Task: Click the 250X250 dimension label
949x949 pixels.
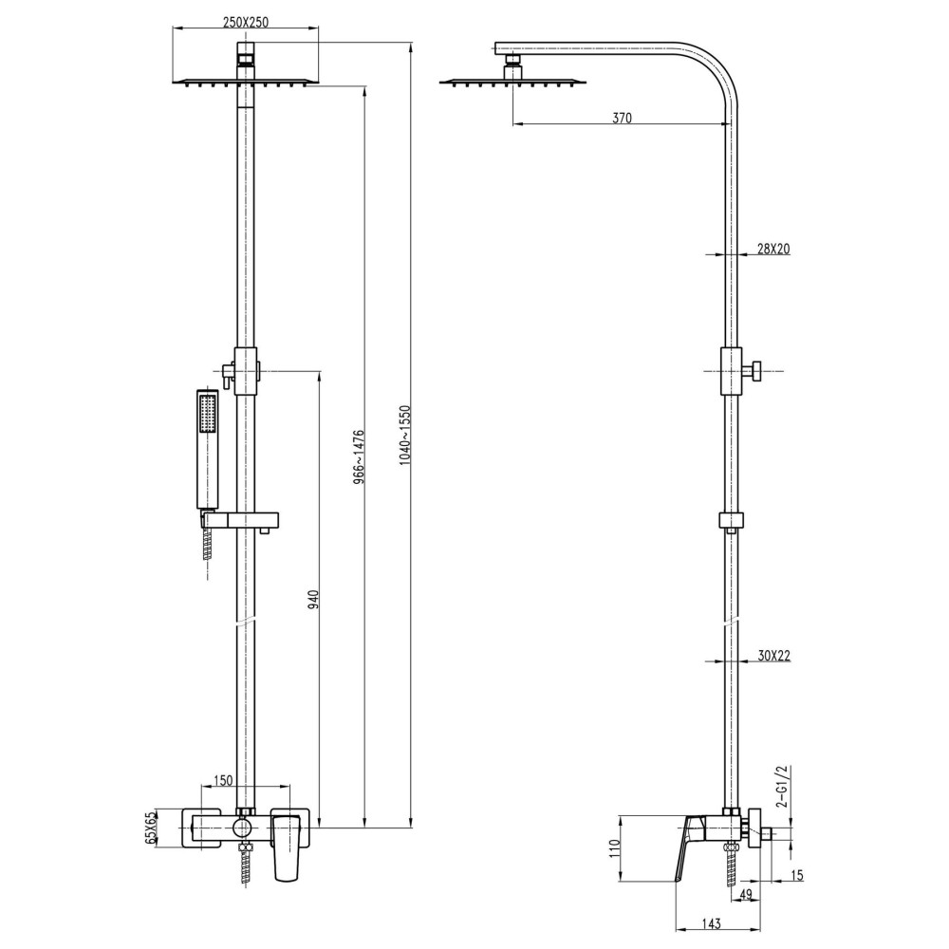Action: pos(246,22)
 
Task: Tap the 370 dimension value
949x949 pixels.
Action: pos(621,118)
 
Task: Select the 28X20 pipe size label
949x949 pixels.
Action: pos(774,249)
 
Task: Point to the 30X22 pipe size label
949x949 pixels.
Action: pos(774,655)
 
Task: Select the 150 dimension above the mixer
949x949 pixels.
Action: pos(222,780)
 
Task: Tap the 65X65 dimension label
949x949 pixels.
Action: pos(150,828)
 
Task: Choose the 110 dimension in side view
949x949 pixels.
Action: pos(613,848)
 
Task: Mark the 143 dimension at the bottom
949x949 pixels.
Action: pos(713,922)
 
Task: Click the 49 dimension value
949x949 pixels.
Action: pos(746,894)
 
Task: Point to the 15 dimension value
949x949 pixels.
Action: pos(795,875)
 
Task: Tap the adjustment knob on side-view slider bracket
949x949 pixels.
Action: pos(756,371)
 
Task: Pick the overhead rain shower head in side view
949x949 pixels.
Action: pos(513,82)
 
